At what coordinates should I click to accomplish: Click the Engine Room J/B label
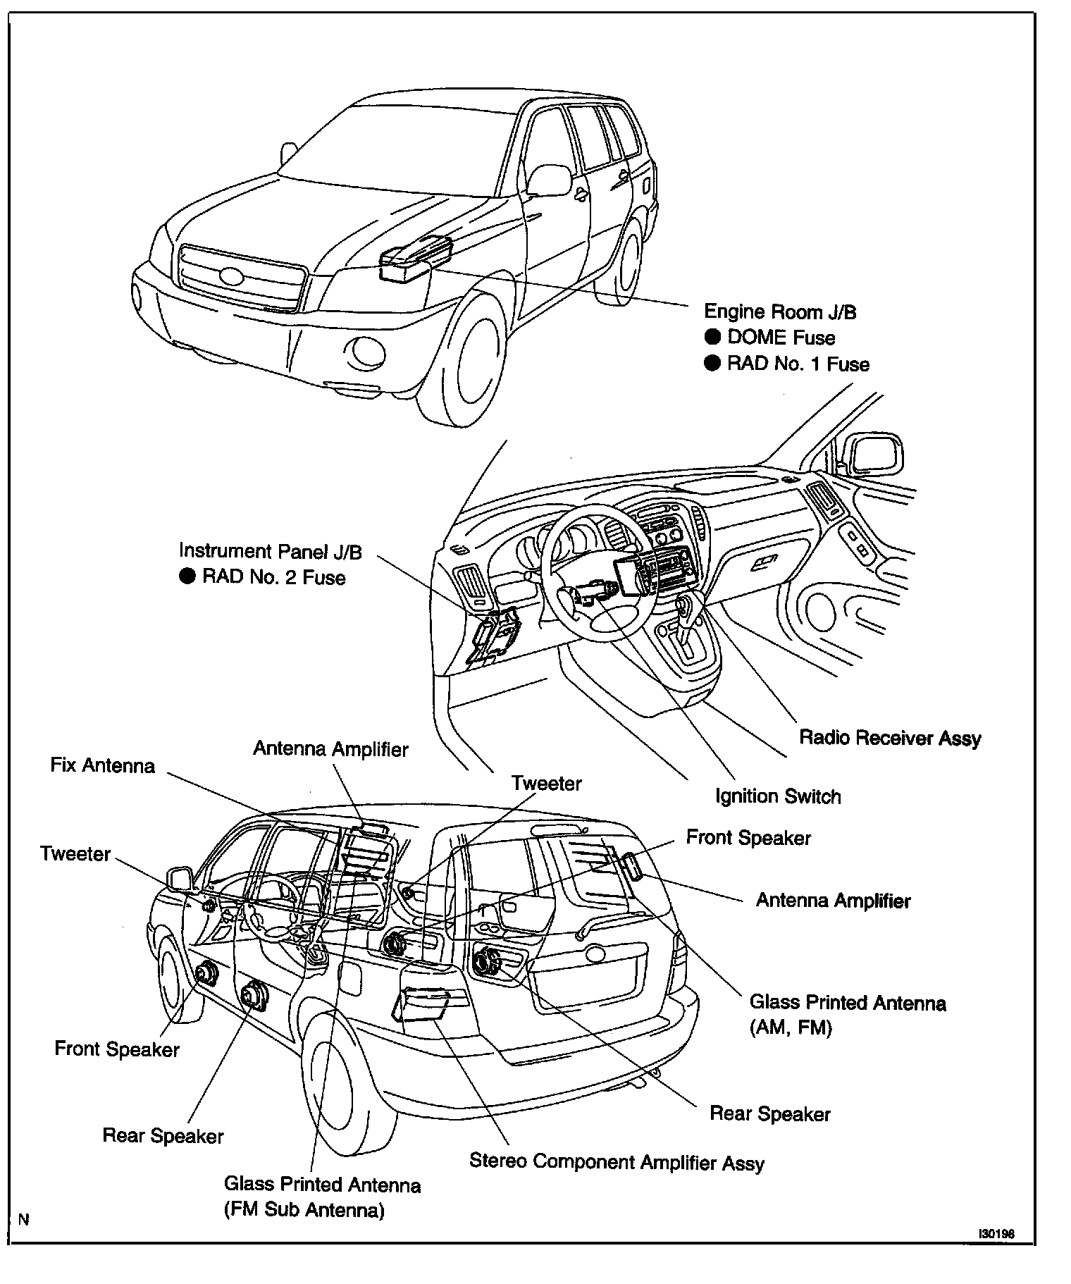780,311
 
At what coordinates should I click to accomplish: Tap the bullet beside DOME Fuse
713,337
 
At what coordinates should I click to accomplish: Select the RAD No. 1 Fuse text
798,364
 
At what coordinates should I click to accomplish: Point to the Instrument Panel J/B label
270,551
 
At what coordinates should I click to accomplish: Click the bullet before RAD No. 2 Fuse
187,577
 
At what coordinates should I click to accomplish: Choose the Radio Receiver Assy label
890,738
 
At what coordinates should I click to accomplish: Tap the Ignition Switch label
778,796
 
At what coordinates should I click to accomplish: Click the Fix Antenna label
103,765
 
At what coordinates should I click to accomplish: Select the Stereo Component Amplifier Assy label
617,1162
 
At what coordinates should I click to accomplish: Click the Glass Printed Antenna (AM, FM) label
847,1015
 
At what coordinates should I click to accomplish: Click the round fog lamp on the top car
364,350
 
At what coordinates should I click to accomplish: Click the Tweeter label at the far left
75,854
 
